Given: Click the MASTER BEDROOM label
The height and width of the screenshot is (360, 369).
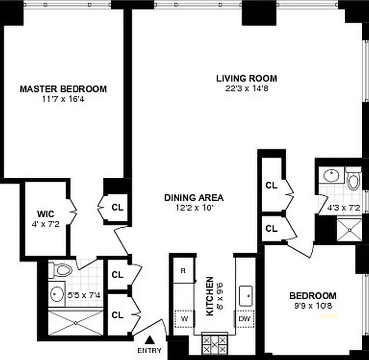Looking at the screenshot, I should (63, 89).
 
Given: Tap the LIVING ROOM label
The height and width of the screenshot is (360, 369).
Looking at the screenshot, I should (246, 78).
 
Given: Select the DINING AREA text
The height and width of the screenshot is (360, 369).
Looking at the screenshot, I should (194, 198).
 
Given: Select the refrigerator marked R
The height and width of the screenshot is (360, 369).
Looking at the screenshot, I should (184, 270).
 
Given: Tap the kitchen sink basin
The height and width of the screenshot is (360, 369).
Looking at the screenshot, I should (246, 295).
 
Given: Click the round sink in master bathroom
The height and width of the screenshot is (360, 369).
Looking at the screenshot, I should (57, 294).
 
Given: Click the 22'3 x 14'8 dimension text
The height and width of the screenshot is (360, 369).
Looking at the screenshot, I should (246, 89).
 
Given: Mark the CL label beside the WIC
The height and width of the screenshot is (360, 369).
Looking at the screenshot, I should (117, 207).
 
